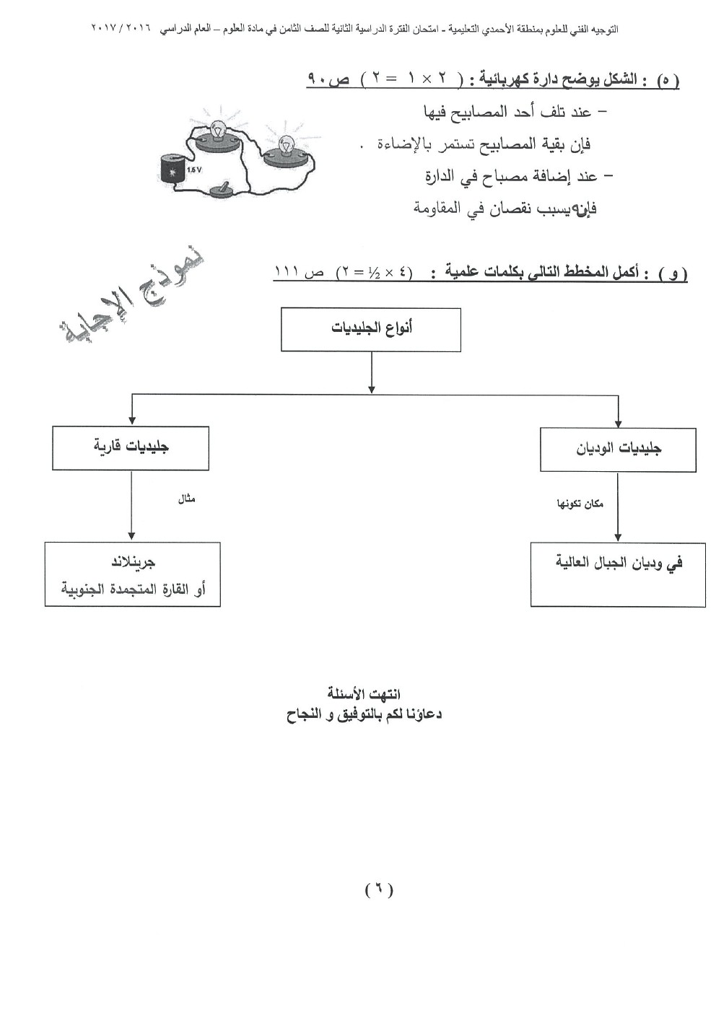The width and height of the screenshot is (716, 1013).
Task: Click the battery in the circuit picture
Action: click(x=173, y=172)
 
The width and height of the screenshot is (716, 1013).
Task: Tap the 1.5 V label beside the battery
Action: click(x=195, y=170)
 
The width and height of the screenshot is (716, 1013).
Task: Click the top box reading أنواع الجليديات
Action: click(x=371, y=330)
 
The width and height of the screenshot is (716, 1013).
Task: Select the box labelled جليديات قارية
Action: click(x=131, y=448)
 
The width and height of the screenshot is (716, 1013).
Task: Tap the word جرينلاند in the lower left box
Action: click(x=133, y=562)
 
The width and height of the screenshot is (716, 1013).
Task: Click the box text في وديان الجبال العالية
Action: click(x=619, y=563)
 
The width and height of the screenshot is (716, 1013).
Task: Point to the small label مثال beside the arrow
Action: click(x=187, y=499)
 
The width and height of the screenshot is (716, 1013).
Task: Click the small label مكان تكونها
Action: click(x=580, y=504)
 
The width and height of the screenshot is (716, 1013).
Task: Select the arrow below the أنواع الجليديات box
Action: click(x=371, y=372)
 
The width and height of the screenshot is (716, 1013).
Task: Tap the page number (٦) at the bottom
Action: click(x=378, y=890)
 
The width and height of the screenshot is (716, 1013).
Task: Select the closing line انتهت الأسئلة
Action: click(x=364, y=694)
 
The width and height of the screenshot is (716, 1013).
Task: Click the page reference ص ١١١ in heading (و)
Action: click(x=299, y=273)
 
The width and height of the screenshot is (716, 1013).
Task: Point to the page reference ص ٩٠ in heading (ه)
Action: click(x=328, y=79)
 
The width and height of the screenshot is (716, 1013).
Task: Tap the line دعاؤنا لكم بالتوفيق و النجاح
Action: click(x=364, y=715)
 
